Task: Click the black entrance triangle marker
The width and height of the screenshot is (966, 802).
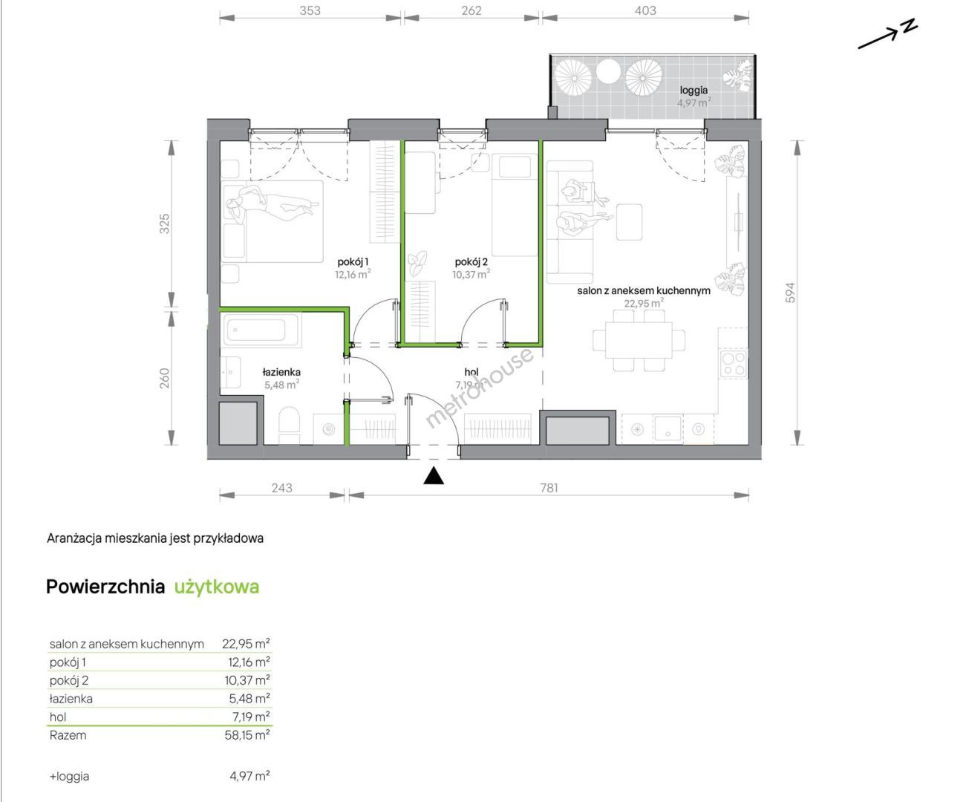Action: [434, 476]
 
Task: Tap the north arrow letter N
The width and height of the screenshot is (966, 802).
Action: [909, 26]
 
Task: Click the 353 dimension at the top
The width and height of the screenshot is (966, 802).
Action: [310, 10]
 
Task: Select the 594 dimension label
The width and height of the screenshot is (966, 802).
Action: [790, 293]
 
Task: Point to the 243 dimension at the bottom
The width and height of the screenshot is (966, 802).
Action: [281, 488]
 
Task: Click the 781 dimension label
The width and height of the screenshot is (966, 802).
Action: [549, 488]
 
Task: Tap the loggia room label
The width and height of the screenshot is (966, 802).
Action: [694, 91]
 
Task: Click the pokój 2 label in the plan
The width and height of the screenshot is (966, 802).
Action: [471, 262]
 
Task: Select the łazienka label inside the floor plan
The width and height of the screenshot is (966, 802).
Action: [281, 371]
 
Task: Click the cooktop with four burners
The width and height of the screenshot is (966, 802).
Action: [734, 363]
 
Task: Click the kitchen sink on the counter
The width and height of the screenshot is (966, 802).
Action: [668, 428]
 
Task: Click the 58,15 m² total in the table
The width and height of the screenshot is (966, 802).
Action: [247, 735]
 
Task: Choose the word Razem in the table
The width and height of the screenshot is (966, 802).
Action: [68, 735]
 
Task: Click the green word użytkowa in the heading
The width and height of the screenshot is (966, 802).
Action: [217, 587]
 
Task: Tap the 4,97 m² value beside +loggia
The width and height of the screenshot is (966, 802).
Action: [249, 776]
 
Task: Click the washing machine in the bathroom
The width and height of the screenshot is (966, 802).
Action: [329, 429]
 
